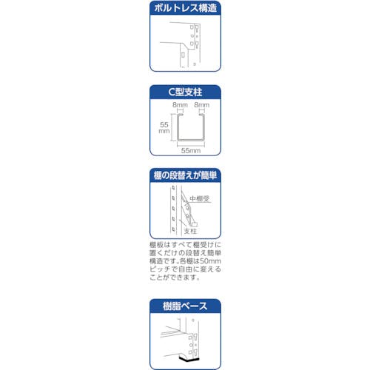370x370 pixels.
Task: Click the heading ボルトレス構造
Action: [x=185, y=8]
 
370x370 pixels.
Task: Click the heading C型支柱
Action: [x=185, y=92]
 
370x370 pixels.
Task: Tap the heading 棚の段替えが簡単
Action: [x=185, y=175]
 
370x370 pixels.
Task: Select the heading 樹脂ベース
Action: [x=185, y=306]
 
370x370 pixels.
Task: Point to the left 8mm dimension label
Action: [x=180, y=104]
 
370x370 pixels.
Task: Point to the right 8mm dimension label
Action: [x=202, y=104]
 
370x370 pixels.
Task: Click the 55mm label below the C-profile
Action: [x=191, y=150]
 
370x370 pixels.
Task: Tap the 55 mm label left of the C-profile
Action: [x=164, y=128]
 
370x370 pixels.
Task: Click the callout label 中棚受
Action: [x=200, y=198]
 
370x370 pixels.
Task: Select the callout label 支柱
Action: [x=190, y=231]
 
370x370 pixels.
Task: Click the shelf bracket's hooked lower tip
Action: [x=195, y=224]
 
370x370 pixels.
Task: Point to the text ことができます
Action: [x=175, y=277]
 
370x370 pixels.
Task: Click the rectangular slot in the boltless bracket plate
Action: [x=183, y=55]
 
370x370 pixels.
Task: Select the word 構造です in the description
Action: [x=163, y=261]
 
